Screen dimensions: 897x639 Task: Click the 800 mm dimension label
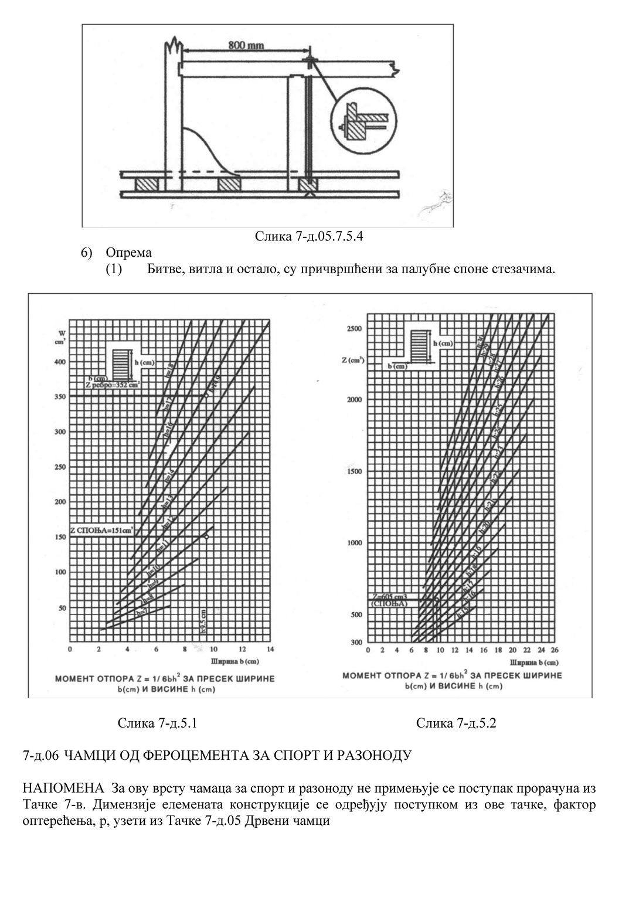click(x=246, y=46)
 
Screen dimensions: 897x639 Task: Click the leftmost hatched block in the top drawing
click(x=147, y=184)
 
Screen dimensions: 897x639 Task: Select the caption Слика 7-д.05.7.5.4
click(x=312, y=236)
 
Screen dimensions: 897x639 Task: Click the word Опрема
click(x=128, y=253)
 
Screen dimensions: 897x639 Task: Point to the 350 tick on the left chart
click(x=59, y=397)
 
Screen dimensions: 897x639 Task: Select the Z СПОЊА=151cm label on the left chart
click(x=101, y=530)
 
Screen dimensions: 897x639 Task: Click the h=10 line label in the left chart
click(x=153, y=569)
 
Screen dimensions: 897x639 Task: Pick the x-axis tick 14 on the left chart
click(x=270, y=649)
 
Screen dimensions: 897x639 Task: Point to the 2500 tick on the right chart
click(x=354, y=328)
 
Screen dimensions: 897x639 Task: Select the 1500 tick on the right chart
click(x=354, y=471)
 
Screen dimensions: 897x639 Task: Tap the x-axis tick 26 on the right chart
click(x=554, y=650)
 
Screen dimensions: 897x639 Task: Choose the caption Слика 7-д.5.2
click(x=456, y=723)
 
